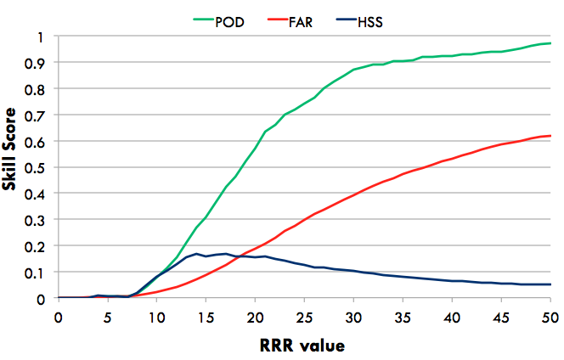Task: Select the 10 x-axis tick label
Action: click(157, 317)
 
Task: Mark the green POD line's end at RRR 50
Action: click(550, 43)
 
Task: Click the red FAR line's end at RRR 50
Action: click(550, 136)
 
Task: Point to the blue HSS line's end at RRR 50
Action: click(550, 284)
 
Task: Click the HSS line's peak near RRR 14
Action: click(196, 254)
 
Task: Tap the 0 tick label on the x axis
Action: click(59, 317)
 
